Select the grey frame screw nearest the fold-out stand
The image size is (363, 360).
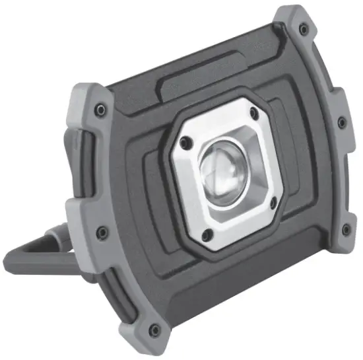(x=101, y=232)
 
